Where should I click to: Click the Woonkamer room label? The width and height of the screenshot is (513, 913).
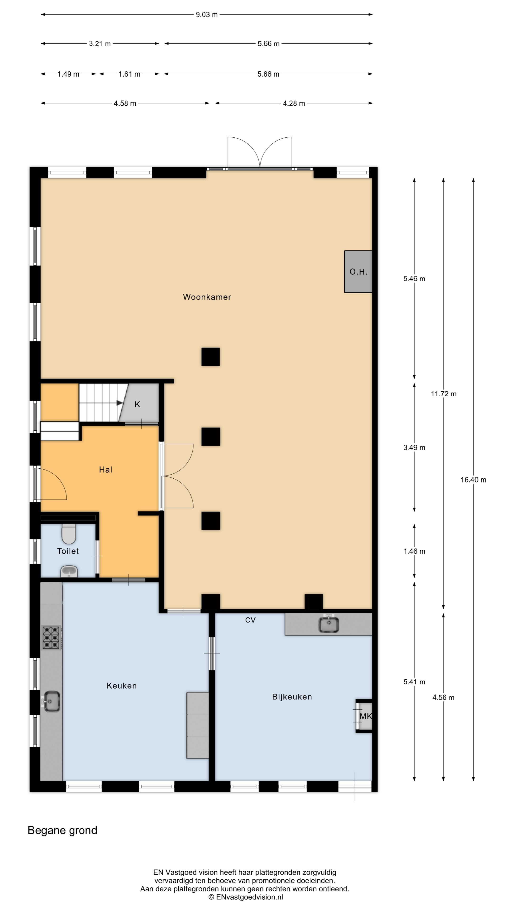click(x=207, y=297)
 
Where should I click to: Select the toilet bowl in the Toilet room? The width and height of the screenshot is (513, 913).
click(x=69, y=533)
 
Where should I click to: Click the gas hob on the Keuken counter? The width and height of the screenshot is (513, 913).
click(x=51, y=638)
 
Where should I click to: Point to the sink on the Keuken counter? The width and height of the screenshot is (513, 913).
click(x=51, y=701)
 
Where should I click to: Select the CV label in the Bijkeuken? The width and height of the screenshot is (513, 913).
click(x=250, y=620)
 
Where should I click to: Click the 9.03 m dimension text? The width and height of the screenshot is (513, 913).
click(x=207, y=15)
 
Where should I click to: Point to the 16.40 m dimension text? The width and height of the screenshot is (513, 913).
click(x=473, y=480)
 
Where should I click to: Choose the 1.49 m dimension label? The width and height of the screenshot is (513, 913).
click(x=68, y=74)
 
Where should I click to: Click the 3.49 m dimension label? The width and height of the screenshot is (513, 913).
click(x=414, y=448)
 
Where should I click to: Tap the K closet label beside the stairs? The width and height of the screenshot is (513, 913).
click(x=137, y=404)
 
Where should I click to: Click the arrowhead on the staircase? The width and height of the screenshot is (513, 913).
click(x=120, y=403)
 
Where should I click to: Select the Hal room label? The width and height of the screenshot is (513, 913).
click(x=105, y=470)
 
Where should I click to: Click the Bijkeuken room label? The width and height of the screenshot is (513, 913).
click(x=292, y=697)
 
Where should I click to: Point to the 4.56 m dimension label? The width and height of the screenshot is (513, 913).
click(x=443, y=698)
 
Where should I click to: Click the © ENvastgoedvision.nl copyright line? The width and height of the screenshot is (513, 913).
click(x=246, y=897)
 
